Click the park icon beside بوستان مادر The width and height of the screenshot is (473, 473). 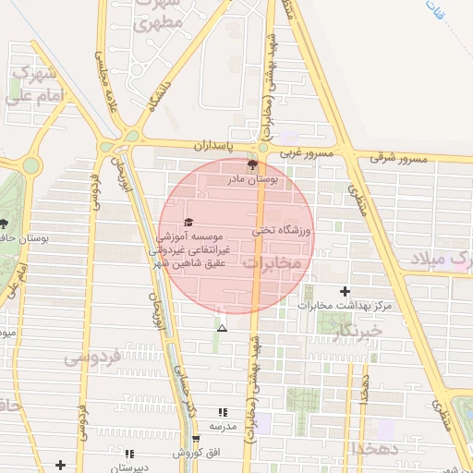point(253,165)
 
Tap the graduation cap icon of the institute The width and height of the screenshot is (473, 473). point(188,222)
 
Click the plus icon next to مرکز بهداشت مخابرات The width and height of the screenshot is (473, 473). point(345,291)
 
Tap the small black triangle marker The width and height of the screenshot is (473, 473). point(221,327)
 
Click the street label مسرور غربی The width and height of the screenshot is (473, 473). point(305,151)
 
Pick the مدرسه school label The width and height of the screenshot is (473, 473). point(223,426)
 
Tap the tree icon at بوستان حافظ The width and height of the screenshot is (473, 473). point(4,224)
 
